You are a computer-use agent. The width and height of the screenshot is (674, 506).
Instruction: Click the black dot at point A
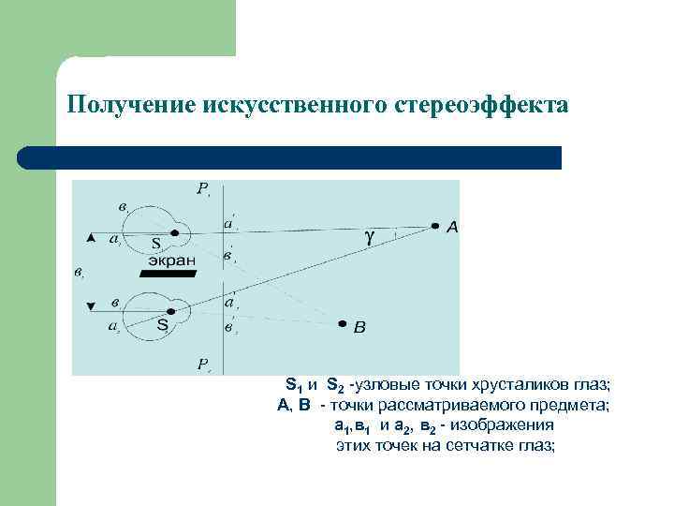[x=435, y=226]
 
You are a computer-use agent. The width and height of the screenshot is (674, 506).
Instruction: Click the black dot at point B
[x=343, y=323]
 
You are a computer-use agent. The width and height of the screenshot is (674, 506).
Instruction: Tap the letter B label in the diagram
[x=360, y=327]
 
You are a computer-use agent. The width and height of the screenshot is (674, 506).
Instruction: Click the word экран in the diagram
[x=170, y=260]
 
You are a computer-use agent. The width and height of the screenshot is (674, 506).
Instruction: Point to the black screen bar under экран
[x=168, y=274]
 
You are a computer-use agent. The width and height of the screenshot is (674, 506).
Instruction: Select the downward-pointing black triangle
[x=91, y=305]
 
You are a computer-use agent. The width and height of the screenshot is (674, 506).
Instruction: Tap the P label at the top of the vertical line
[x=202, y=188]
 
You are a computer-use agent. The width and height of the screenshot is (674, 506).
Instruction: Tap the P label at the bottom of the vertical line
[x=202, y=363]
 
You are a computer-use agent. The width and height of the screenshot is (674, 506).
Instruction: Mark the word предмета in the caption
[x=576, y=406]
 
